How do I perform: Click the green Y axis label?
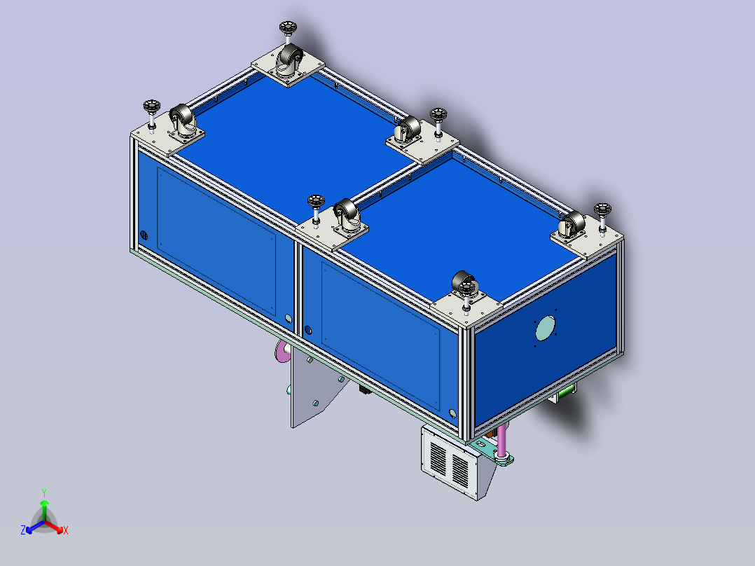coord(44,492)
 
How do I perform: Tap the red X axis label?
coord(66,530)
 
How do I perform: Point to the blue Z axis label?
coord(23,530)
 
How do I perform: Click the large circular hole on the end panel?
coord(545,328)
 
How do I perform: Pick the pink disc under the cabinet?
coord(282,350)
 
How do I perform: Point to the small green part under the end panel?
coord(565,392)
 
